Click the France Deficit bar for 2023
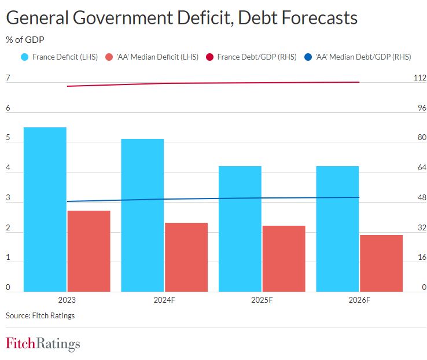pos(45,209)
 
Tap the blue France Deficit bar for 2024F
pos(142,215)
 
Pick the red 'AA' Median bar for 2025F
pos(284,258)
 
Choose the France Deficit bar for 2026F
pos(337,229)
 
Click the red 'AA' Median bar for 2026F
pos(381,263)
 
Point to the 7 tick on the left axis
pos(8,78)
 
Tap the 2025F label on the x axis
pos(262,300)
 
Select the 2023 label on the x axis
pos(67,300)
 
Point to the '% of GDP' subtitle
pos(25,40)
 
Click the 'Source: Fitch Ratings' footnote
pos(40,315)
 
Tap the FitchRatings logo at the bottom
pos(43,344)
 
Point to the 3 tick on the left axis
pos(8,198)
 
